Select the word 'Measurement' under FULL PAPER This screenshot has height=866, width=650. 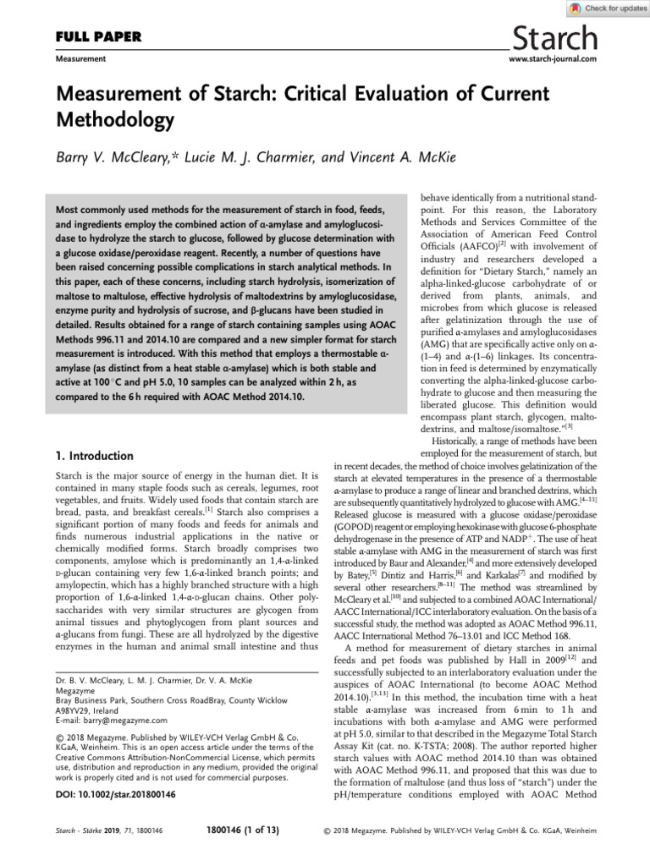80,59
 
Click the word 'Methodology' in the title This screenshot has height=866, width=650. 115,119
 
